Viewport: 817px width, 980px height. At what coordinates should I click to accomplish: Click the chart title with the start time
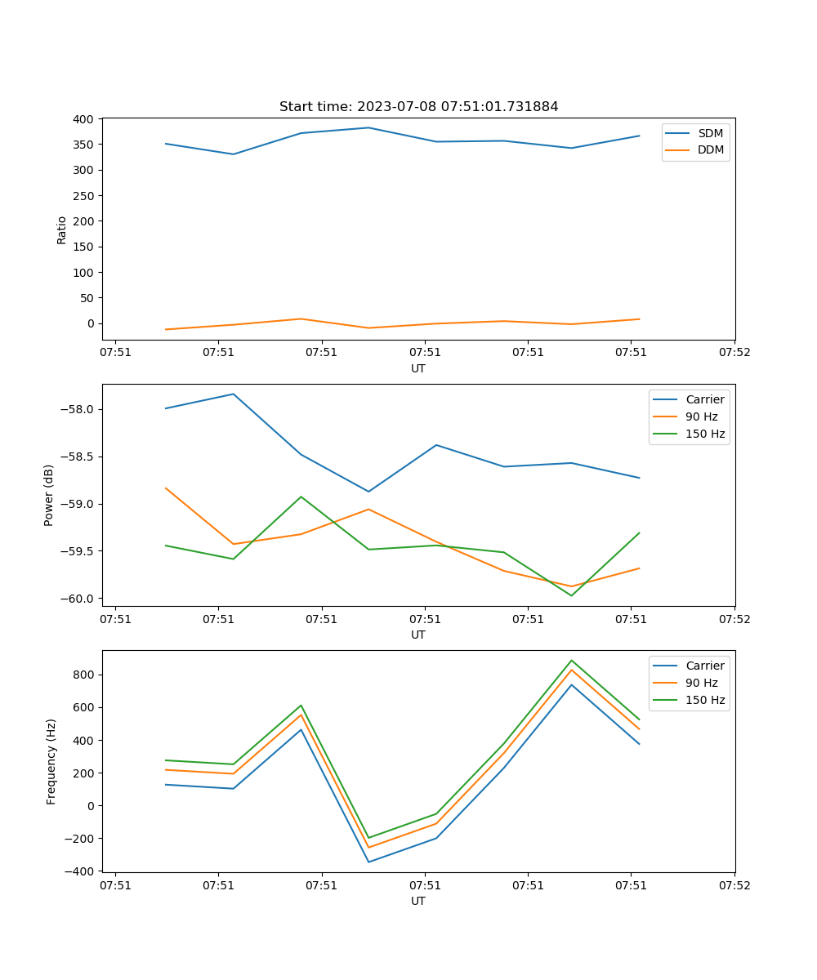pos(418,107)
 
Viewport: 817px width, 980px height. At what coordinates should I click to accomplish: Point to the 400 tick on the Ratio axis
pos(84,119)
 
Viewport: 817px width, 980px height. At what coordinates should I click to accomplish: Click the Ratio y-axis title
pos(62,229)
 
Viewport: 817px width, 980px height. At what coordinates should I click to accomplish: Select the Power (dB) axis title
pos(50,495)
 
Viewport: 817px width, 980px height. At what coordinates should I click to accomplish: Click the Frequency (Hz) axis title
pos(51,761)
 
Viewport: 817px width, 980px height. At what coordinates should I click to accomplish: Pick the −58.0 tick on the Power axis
pos(78,409)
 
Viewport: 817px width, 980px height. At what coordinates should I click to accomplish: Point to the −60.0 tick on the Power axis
pos(78,599)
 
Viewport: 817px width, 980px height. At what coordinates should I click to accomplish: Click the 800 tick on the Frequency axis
pos(84,675)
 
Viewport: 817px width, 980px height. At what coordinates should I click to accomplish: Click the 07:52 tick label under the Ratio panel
pos(734,353)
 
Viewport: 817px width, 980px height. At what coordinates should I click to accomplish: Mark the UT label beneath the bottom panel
pos(418,901)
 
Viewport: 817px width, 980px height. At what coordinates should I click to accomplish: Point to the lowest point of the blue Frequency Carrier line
pos(368,862)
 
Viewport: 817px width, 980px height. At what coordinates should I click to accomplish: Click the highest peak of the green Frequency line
pos(571,661)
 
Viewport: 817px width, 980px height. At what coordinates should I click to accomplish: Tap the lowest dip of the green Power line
pos(571,595)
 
